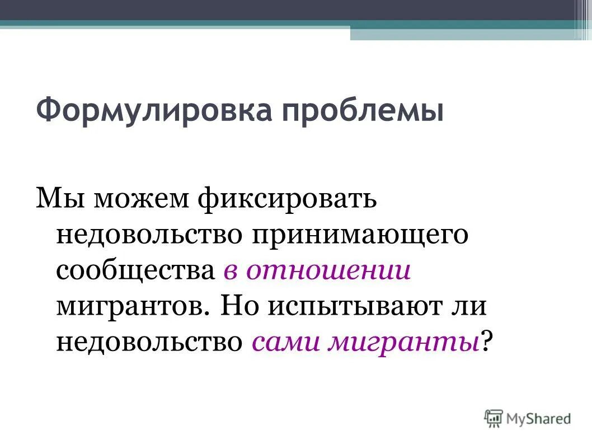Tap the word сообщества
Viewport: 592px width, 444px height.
(x=135, y=271)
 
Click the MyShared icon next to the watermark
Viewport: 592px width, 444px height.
(x=494, y=417)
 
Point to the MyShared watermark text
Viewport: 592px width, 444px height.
(x=539, y=418)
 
